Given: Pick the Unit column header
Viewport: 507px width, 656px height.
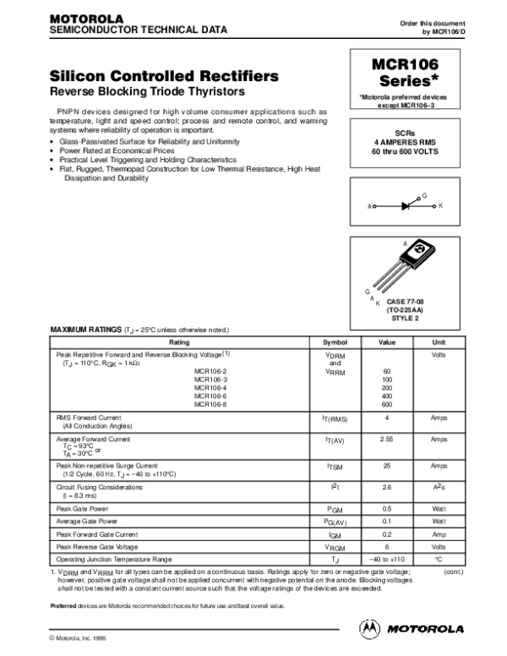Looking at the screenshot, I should (x=439, y=342).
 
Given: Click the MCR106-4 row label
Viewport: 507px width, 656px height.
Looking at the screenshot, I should (x=210, y=388).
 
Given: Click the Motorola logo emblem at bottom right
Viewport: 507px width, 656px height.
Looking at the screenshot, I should (x=370, y=627).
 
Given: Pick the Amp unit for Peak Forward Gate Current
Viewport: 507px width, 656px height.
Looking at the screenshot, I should (x=439, y=535).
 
